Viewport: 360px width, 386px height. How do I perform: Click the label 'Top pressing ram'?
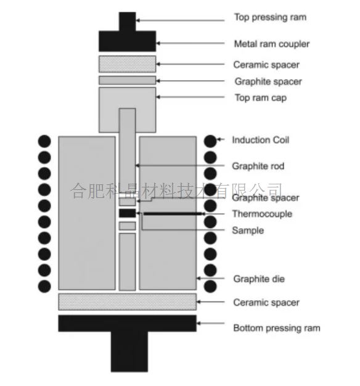[270, 17]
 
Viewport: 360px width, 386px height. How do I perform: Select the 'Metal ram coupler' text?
[272, 44]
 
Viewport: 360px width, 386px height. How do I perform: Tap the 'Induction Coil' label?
[260, 140]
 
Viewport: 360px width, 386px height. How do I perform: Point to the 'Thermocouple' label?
[262, 214]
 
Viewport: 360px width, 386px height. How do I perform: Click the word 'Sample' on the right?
[248, 231]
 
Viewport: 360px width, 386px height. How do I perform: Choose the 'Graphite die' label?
[259, 279]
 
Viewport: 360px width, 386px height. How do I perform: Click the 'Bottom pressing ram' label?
[277, 328]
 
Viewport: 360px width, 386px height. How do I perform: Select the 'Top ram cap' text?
[261, 98]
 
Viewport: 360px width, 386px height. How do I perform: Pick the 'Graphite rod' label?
[258, 166]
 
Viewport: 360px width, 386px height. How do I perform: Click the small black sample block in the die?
[127, 213]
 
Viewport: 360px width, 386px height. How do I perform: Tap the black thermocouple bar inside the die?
[173, 214]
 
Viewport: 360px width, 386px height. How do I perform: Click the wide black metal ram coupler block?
[127, 41]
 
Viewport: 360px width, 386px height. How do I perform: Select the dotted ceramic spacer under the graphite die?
[127, 302]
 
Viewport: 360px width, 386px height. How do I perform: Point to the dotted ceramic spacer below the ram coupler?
[127, 64]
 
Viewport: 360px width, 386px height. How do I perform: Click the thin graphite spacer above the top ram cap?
[127, 80]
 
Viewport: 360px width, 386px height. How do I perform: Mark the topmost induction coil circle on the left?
[44, 141]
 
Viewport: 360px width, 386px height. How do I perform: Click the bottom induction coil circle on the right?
[210, 286]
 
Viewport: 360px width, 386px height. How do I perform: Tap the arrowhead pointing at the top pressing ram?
[138, 20]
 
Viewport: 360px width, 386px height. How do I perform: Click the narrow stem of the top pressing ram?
[127, 22]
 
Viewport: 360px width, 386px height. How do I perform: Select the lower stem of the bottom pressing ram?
[129, 351]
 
